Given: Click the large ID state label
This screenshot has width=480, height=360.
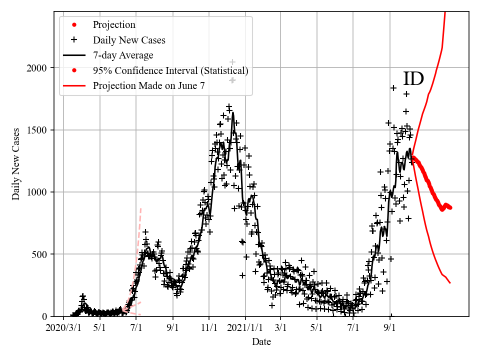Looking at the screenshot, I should pyautogui.click(x=413, y=79).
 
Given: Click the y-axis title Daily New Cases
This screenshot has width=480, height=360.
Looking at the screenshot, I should pyautogui.click(x=16, y=164).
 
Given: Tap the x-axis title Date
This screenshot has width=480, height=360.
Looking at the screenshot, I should pyautogui.click(x=261, y=342).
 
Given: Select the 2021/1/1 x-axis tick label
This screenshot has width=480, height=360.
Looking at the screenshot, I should pyautogui.click(x=245, y=328).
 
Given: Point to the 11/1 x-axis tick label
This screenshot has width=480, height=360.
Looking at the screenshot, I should pyautogui.click(x=209, y=328).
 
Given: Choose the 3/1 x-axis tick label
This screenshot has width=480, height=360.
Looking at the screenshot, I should pyautogui.click(x=280, y=328).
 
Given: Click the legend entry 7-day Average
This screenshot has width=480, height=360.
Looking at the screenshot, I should pyautogui.click(x=123, y=55).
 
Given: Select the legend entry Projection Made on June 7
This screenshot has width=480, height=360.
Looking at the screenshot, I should pyautogui.click(x=148, y=86).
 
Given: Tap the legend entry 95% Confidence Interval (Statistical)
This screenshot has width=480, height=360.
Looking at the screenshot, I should pyautogui.click(x=170, y=70).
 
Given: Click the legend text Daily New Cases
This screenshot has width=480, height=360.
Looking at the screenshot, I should pyautogui.click(x=129, y=40).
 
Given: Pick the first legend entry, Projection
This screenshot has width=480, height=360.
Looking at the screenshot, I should pyautogui.click(x=114, y=25).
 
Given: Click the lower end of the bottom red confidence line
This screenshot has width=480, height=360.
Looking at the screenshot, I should pyautogui.click(x=450, y=283).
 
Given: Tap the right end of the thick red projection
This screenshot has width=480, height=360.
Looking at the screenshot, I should pyautogui.click(x=450, y=207).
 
